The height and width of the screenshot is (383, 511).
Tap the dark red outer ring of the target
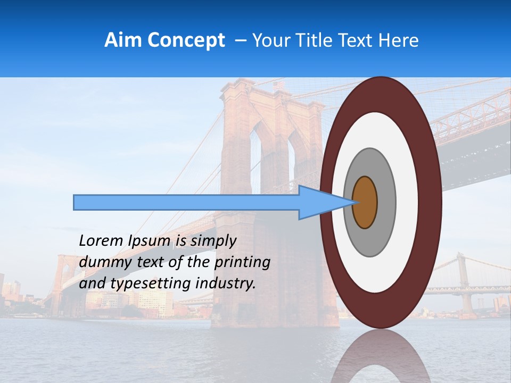(432, 202)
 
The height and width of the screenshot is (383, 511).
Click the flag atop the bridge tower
(279, 85)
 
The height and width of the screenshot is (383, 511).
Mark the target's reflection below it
(381, 356)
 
